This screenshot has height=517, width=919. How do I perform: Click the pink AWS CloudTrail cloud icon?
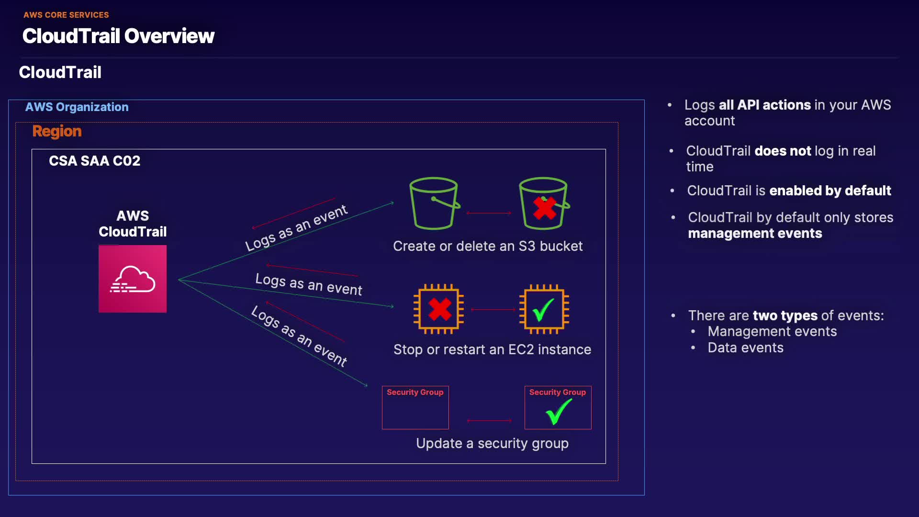pyautogui.click(x=133, y=279)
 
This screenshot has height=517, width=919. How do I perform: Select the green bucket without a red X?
pyautogui.click(x=434, y=203)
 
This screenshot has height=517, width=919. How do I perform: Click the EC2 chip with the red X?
pyautogui.click(x=439, y=309)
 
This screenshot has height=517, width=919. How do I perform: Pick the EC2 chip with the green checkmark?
pyautogui.click(x=544, y=309)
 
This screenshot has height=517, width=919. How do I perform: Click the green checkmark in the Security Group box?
pyautogui.click(x=558, y=411)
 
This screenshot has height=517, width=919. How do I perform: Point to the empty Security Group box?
pyautogui.click(x=415, y=408)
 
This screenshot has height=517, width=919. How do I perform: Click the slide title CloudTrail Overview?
pyautogui.click(x=118, y=36)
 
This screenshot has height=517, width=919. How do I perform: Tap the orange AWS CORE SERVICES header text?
pyautogui.click(x=66, y=15)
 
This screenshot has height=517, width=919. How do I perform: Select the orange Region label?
pyautogui.click(x=57, y=131)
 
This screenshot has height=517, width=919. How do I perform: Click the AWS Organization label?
pyautogui.click(x=77, y=107)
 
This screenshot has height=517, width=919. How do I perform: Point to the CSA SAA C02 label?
pyautogui.click(x=94, y=161)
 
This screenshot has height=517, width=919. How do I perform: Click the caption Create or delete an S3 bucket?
pyautogui.click(x=488, y=246)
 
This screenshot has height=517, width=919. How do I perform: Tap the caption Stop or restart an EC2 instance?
pyautogui.click(x=492, y=349)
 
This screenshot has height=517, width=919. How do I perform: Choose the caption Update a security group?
pyautogui.click(x=492, y=443)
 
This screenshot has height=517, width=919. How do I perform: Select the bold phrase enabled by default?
pyautogui.click(x=830, y=191)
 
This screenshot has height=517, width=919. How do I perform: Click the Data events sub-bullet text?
pyautogui.click(x=745, y=348)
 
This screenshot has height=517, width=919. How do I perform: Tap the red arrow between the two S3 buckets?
pyautogui.click(x=489, y=213)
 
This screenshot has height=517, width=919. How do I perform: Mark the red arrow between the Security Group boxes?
pyautogui.click(x=489, y=421)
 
